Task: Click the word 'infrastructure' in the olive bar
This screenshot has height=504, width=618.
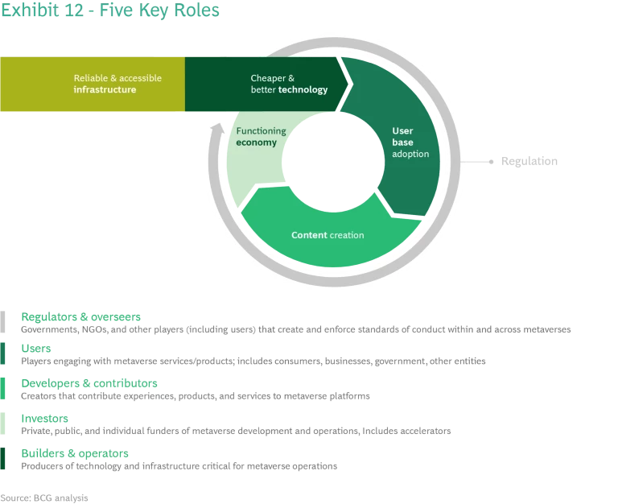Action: [105, 90]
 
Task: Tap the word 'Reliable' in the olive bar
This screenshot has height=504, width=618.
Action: [92, 78]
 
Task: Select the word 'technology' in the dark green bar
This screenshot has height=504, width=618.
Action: [303, 90]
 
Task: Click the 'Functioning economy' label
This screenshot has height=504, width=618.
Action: [257, 136]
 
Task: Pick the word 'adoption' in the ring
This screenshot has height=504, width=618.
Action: [410, 154]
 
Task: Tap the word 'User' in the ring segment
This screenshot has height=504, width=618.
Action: [402, 130]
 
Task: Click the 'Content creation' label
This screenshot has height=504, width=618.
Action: [327, 235]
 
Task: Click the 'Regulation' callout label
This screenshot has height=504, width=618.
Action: [529, 162]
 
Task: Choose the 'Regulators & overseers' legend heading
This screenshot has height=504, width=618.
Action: [81, 316]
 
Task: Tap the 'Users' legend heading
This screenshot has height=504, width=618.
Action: [36, 349]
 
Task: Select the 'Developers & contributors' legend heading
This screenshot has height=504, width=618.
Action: [89, 383]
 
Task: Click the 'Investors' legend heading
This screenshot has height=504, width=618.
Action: [45, 419]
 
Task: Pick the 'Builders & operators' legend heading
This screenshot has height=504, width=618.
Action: [74, 453]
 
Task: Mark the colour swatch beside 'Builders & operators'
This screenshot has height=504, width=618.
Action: [3, 459]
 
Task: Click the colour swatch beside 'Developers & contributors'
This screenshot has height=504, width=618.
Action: [3, 389]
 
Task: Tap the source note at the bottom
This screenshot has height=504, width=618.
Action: [44, 498]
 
